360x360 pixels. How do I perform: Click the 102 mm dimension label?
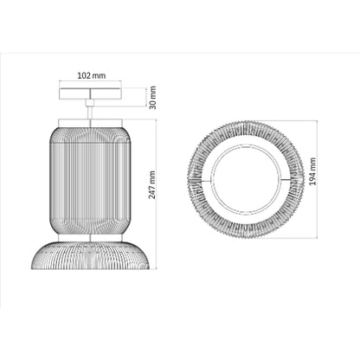pos(92,75)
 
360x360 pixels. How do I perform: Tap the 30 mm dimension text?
pos(152,98)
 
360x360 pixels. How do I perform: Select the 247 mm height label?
pos(152,185)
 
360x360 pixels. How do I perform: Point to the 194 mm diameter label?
pos(312,171)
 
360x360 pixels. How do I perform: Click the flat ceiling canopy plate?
pos(90,93)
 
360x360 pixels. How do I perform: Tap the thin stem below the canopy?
pos(90,112)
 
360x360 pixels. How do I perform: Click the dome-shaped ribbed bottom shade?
pos(90,255)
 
